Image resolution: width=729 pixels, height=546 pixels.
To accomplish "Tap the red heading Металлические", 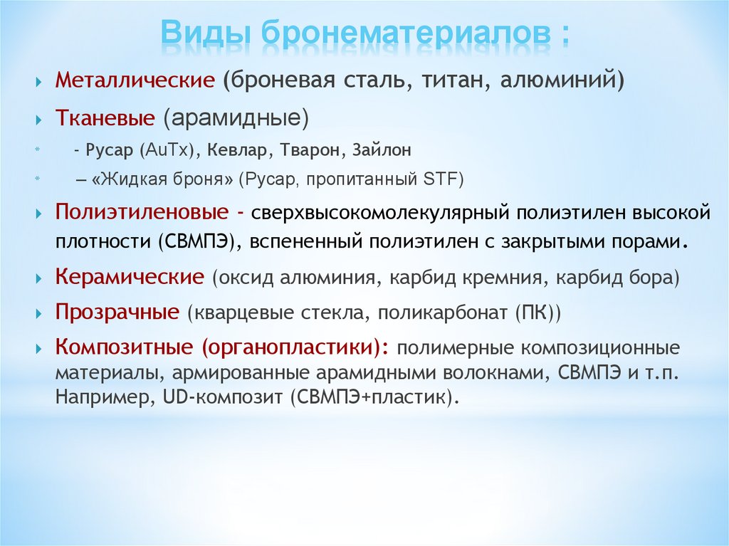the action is pyautogui.click(x=135, y=80).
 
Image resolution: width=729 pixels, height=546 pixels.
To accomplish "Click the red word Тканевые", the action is pyautogui.click(x=105, y=117).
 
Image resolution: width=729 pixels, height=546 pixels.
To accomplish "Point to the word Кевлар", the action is pyautogui.click(x=237, y=149).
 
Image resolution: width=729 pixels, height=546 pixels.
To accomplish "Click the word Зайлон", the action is pyautogui.click(x=382, y=149).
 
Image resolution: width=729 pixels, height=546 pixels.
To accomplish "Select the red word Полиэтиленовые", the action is pyautogui.click(x=142, y=213).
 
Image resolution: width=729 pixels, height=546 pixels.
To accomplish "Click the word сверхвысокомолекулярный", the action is pyautogui.click(x=380, y=214).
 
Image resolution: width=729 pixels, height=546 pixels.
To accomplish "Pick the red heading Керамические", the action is pyautogui.click(x=130, y=277).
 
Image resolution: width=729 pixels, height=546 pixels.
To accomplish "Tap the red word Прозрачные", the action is pyautogui.click(x=117, y=312).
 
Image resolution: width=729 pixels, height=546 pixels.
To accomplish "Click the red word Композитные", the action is pyautogui.click(x=124, y=347).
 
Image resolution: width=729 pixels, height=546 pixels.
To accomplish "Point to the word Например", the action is pyautogui.click(x=105, y=398).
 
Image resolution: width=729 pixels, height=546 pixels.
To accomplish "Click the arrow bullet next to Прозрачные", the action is pyautogui.click(x=38, y=314).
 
